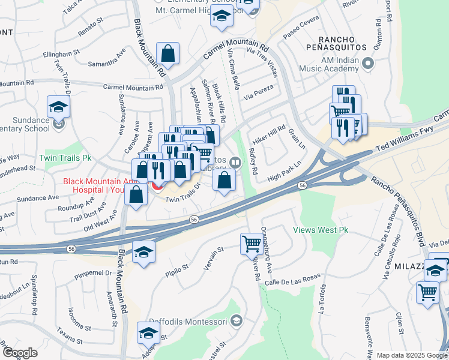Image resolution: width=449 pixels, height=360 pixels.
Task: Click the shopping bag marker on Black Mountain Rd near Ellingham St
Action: click(x=168, y=53)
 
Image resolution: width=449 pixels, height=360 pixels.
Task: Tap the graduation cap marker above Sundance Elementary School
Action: click(x=58, y=107)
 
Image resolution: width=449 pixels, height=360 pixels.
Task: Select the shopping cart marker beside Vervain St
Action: click(x=251, y=244)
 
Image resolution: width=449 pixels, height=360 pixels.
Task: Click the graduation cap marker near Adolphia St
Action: click(x=148, y=332)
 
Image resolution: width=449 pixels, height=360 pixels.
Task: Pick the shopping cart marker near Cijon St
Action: click(x=427, y=293)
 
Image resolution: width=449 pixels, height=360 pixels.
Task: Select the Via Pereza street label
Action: click(x=258, y=92)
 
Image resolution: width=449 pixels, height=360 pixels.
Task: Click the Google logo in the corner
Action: click(x=20, y=352)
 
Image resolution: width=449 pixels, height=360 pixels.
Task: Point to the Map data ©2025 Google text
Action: click(x=411, y=355)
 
